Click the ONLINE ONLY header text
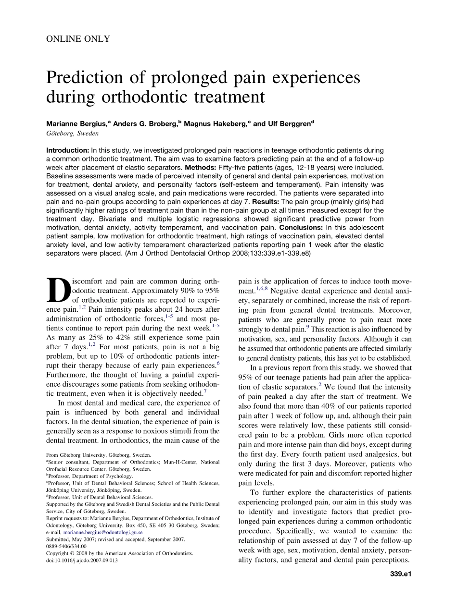pos(78,39)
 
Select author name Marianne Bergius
pos(76,124)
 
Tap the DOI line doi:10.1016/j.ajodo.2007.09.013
pos(82,560)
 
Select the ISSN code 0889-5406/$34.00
pos(66,546)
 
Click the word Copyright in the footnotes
pos(57,553)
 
